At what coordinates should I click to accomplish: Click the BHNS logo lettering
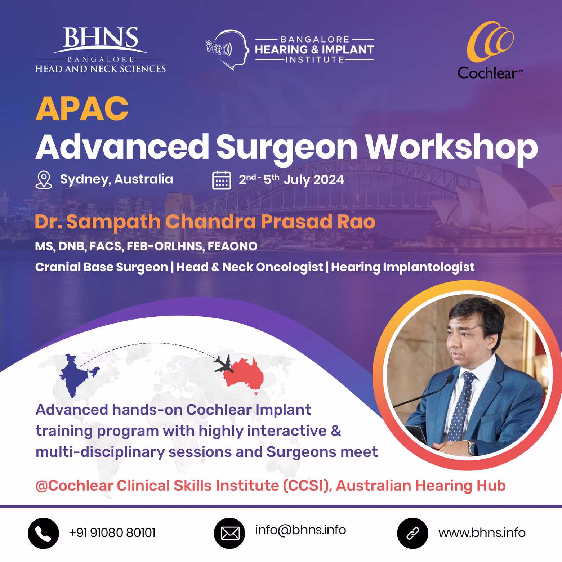click(x=101, y=37)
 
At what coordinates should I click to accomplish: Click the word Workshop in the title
click(x=452, y=147)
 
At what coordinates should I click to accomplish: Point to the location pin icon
click(x=44, y=180)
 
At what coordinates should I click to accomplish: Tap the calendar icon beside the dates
click(x=222, y=180)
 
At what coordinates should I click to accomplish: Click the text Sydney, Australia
click(x=116, y=179)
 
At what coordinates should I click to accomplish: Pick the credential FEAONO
click(x=232, y=246)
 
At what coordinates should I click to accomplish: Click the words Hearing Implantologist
click(x=403, y=267)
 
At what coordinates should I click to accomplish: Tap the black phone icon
click(x=44, y=534)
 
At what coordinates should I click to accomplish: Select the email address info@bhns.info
click(x=300, y=530)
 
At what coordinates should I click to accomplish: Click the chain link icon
click(x=412, y=534)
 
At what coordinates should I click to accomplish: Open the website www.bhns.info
click(x=482, y=533)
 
